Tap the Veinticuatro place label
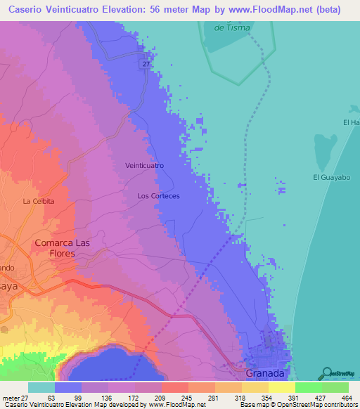point(144,165)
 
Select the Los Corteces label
point(159,196)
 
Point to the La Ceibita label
point(39,202)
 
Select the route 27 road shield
point(146,64)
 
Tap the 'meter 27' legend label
point(15,398)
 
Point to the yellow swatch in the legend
point(281,387)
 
